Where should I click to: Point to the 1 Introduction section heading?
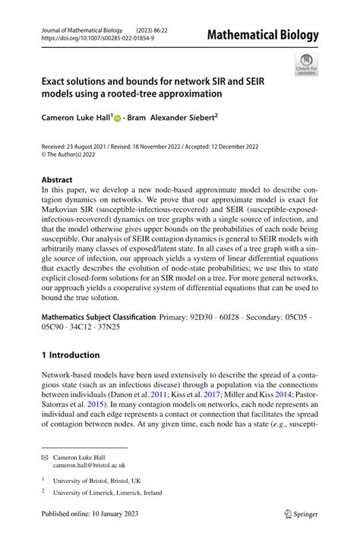point(71,355)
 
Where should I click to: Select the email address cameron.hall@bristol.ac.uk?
point(89,465)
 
